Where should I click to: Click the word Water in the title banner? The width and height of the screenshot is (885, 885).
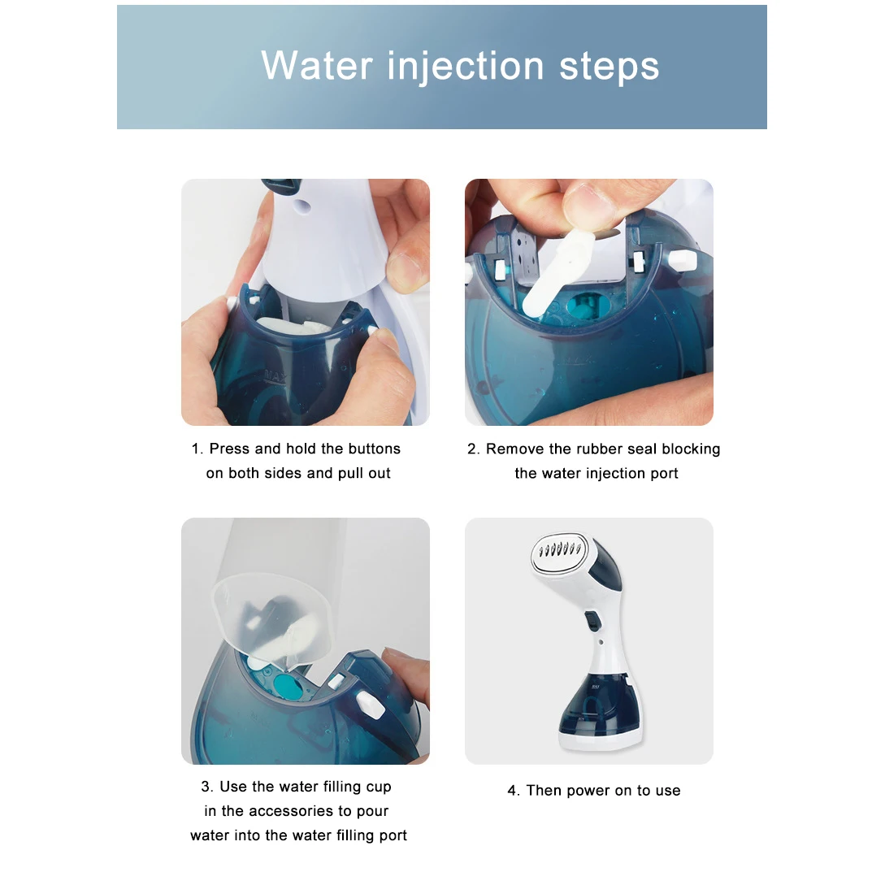[x=317, y=66]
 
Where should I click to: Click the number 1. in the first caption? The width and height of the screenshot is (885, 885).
[x=197, y=449]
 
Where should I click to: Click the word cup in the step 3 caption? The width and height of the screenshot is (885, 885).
[x=378, y=787]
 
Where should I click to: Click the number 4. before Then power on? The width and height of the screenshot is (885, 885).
[x=513, y=790]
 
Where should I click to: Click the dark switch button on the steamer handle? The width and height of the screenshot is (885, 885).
[x=592, y=621]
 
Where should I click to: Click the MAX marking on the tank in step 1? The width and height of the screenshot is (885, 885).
[x=276, y=376]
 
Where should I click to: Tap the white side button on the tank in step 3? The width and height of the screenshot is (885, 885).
[x=371, y=705]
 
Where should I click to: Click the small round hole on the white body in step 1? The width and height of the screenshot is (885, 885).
[x=303, y=206]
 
